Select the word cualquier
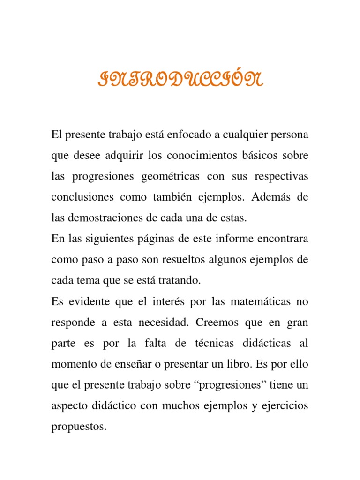pos(245,135)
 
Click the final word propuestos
pos(78,426)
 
